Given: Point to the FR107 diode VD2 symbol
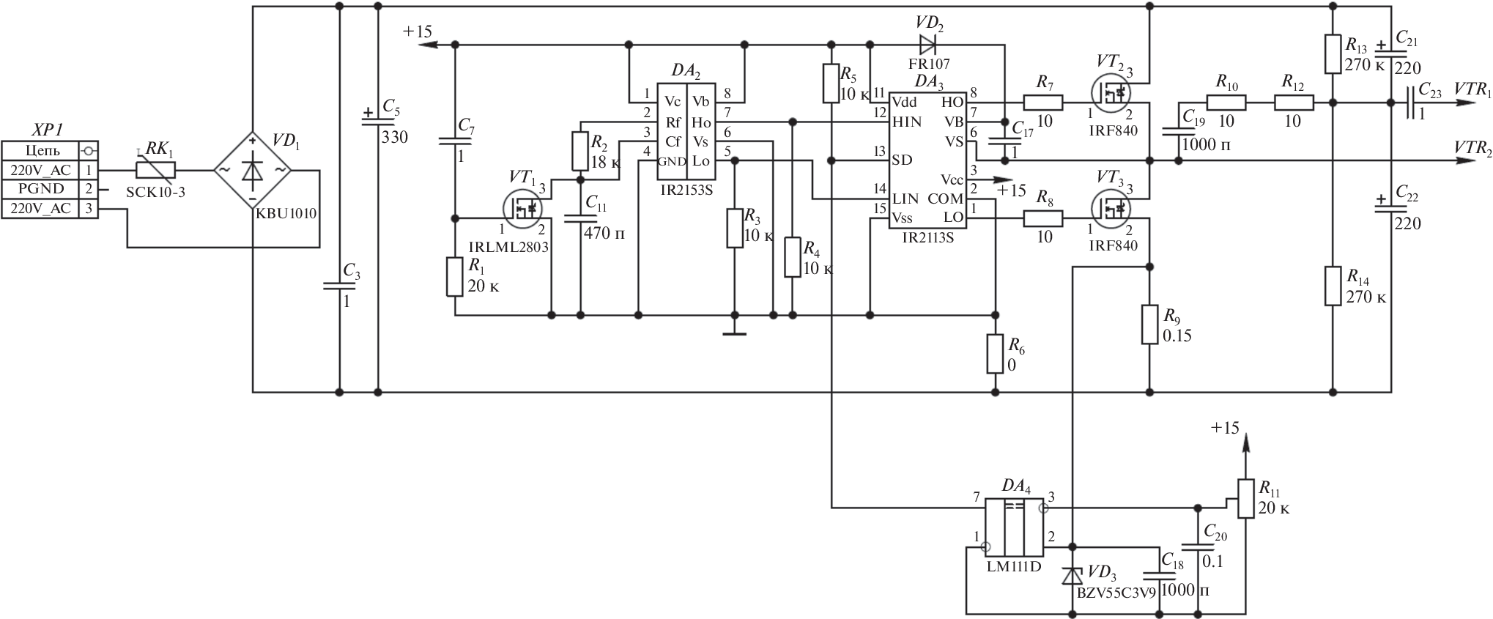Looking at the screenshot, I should (x=927, y=45).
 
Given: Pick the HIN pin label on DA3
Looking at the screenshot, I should (x=907, y=122).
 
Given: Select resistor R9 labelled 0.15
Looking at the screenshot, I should (x=1149, y=325).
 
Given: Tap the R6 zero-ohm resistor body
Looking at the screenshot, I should (x=994, y=355).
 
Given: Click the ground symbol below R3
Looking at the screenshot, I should (x=734, y=333).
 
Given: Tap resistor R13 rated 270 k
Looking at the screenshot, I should (x=1332, y=54).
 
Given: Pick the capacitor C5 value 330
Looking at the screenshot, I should (x=394, y=137).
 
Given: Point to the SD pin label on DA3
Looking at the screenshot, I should (x=901, y=160).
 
